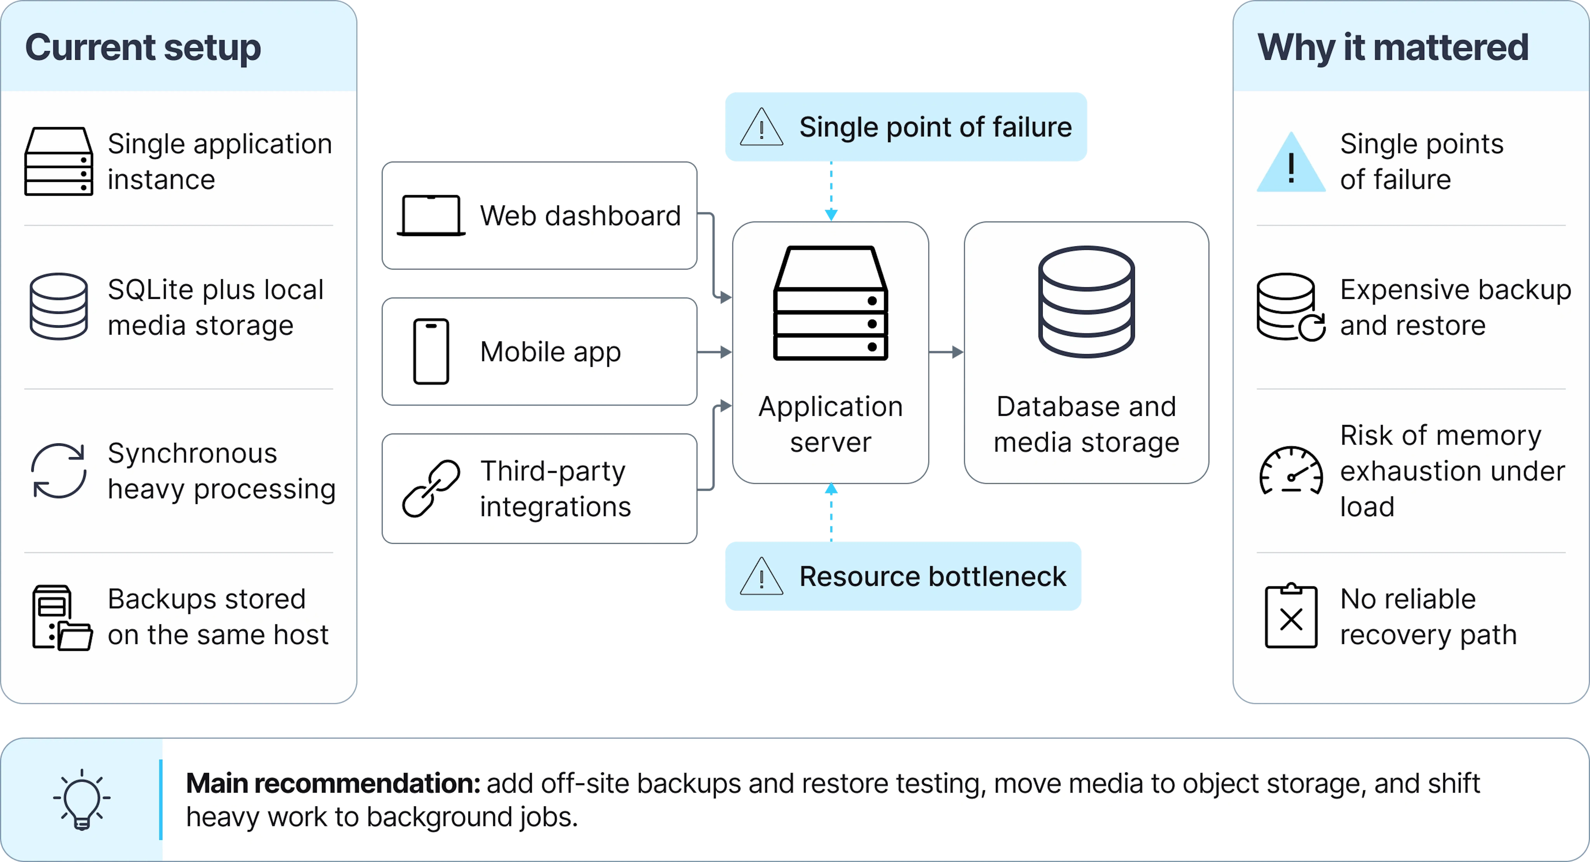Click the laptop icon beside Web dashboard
pyautogui.click(x=431, y=215)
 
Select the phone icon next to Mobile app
pyautogui.click(x=431, y=352)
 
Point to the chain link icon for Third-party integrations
pyautogui.click(x=431, y=488)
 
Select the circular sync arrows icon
pyautogui.click(x=59, y=471)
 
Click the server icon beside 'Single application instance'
pyautogui.click(x=59, y=162)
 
